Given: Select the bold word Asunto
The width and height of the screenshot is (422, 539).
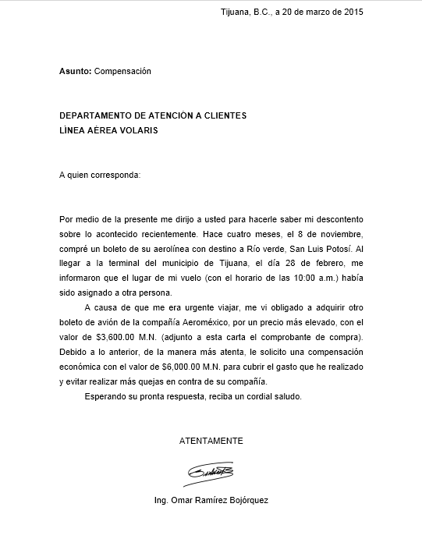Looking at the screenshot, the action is pos(75,72).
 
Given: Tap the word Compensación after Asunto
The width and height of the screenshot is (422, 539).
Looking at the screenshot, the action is pos(122,72).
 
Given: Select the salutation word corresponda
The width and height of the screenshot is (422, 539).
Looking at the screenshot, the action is pos(115,175).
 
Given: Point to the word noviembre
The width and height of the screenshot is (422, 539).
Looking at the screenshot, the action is pos(339,234).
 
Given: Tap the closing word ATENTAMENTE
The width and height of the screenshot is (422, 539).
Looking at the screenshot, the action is pos(211,441).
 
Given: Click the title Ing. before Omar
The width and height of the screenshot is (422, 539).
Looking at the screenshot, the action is pos(163,501).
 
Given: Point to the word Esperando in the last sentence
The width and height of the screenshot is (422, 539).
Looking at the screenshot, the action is pos(105,396).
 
